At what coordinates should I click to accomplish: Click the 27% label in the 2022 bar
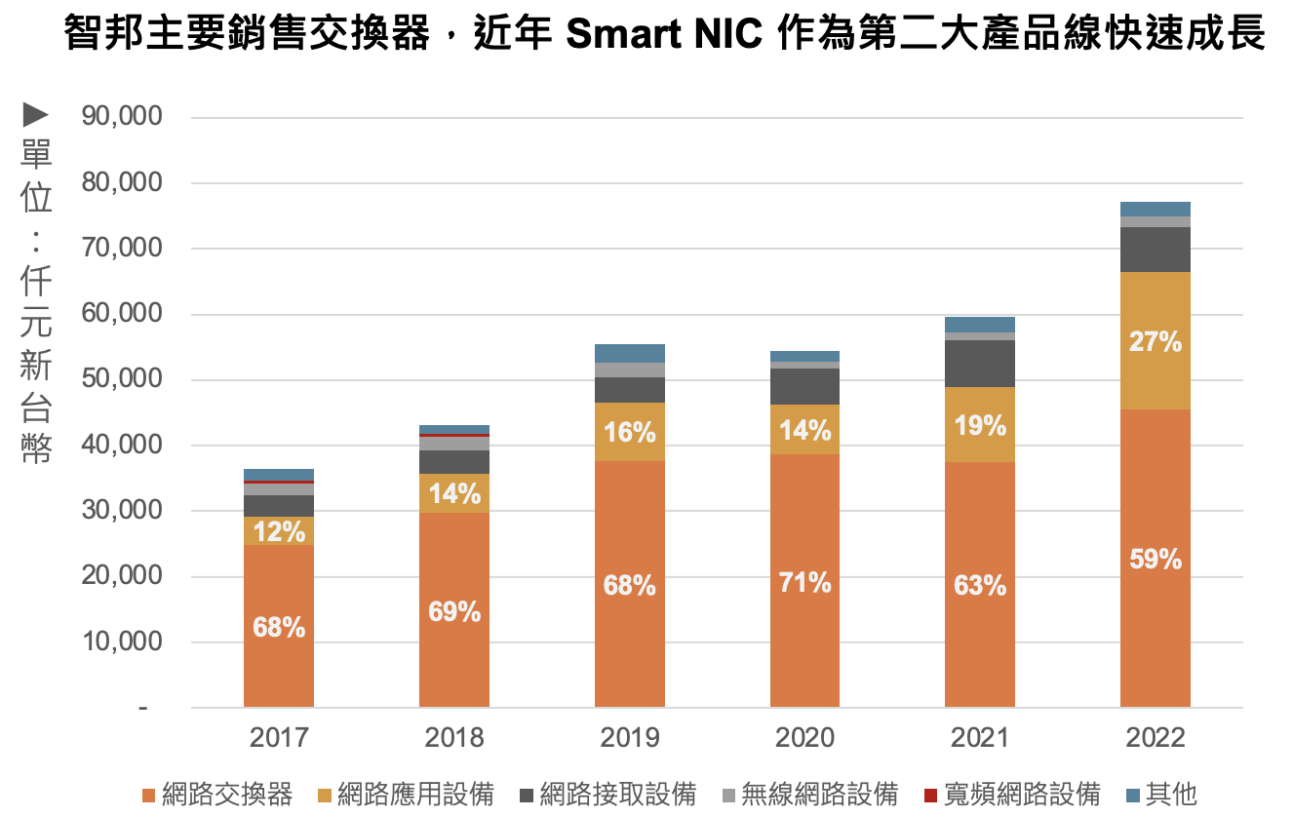[1156, 342]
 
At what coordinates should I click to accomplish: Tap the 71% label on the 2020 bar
[804, 583]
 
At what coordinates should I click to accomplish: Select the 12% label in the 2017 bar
[279, 531]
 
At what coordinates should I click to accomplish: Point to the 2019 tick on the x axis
[629, 737]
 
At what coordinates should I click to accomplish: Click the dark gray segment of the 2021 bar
[980, 364]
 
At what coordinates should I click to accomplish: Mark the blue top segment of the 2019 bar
[629, 353]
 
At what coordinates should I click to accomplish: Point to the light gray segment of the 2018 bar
[454, 443]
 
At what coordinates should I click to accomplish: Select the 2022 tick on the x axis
[1156, 737]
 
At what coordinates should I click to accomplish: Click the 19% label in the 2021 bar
[980, 425]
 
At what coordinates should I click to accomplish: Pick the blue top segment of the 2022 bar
[1156, 209]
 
